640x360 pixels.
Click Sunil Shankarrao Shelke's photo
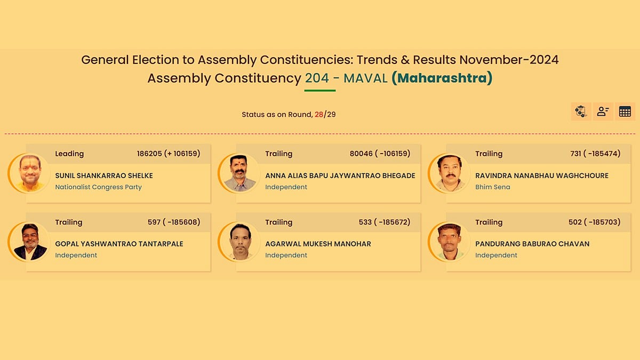29,173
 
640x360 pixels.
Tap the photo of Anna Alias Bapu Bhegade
239,173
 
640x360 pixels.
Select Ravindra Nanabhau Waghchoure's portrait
449,173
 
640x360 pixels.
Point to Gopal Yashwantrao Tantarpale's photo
29,242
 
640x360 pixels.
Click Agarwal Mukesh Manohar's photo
239,242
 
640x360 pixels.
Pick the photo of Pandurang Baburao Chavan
449,242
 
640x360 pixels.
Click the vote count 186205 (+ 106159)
169,154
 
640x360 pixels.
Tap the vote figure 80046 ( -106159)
380,154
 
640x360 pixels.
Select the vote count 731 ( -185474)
595,154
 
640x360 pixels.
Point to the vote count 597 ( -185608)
174,222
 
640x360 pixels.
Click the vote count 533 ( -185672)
385,222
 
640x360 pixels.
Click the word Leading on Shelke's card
69,154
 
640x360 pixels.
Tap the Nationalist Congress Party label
98,187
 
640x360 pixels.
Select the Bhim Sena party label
492,187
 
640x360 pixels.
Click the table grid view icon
625,111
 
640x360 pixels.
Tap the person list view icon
603,111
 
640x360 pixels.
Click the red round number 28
319,114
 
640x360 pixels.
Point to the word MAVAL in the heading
365,78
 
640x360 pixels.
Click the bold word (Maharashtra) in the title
442,78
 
